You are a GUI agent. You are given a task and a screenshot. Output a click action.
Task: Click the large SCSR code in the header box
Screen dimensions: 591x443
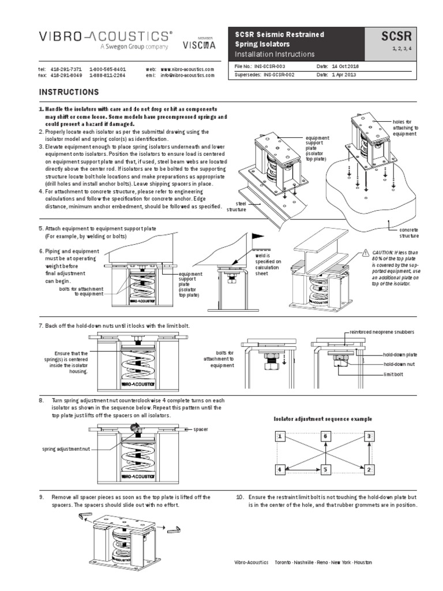coord(399,38)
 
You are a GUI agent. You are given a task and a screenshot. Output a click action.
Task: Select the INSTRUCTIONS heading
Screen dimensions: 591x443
coord(69,92)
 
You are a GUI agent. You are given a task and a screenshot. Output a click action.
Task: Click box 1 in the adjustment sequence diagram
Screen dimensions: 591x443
coord(280,436)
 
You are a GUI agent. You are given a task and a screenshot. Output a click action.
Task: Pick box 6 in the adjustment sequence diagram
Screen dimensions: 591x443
coord(325,436)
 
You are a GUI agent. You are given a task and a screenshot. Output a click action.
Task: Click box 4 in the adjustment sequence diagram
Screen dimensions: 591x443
coord(280,470)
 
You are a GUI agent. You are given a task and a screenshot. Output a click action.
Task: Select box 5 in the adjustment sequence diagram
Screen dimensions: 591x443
coord(325,470)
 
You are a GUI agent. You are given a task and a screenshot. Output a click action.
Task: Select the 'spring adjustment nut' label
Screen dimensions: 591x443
coord(66,448)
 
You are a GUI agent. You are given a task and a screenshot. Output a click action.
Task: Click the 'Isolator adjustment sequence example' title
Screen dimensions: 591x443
coord(322,418)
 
